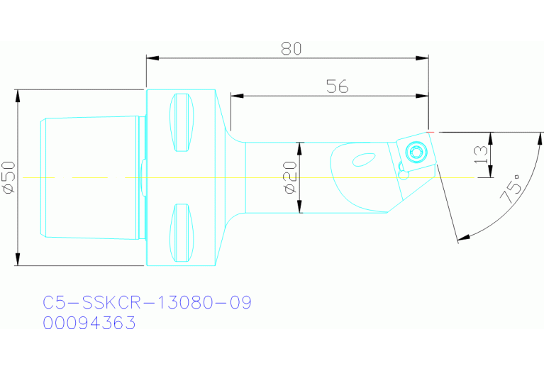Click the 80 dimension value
point(291,48)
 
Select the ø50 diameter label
point(9,177)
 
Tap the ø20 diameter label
point(289,177)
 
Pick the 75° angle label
point(516,189)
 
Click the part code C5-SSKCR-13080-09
point(148,303)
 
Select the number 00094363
point(89,323)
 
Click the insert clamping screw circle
point(416,151)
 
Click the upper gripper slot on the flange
point(182,122)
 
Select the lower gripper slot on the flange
point(182,233)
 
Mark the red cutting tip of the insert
point(431,131)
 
